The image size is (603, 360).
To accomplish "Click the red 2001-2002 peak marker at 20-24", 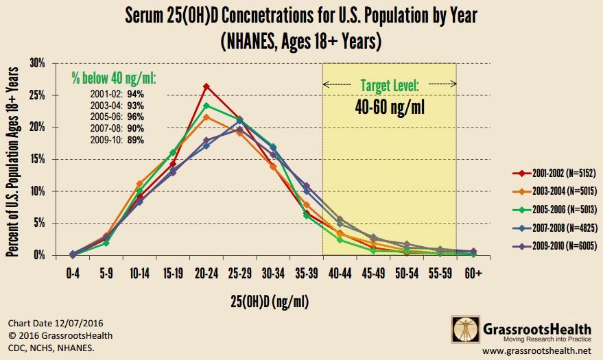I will pos(206,86).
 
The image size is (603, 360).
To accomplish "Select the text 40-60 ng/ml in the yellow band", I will pos(389,108).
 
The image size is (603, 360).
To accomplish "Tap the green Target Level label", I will pos(389,86).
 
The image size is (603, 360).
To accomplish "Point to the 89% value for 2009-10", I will pos(136,140).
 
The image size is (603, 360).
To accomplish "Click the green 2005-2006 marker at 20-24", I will pos(206,106).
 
